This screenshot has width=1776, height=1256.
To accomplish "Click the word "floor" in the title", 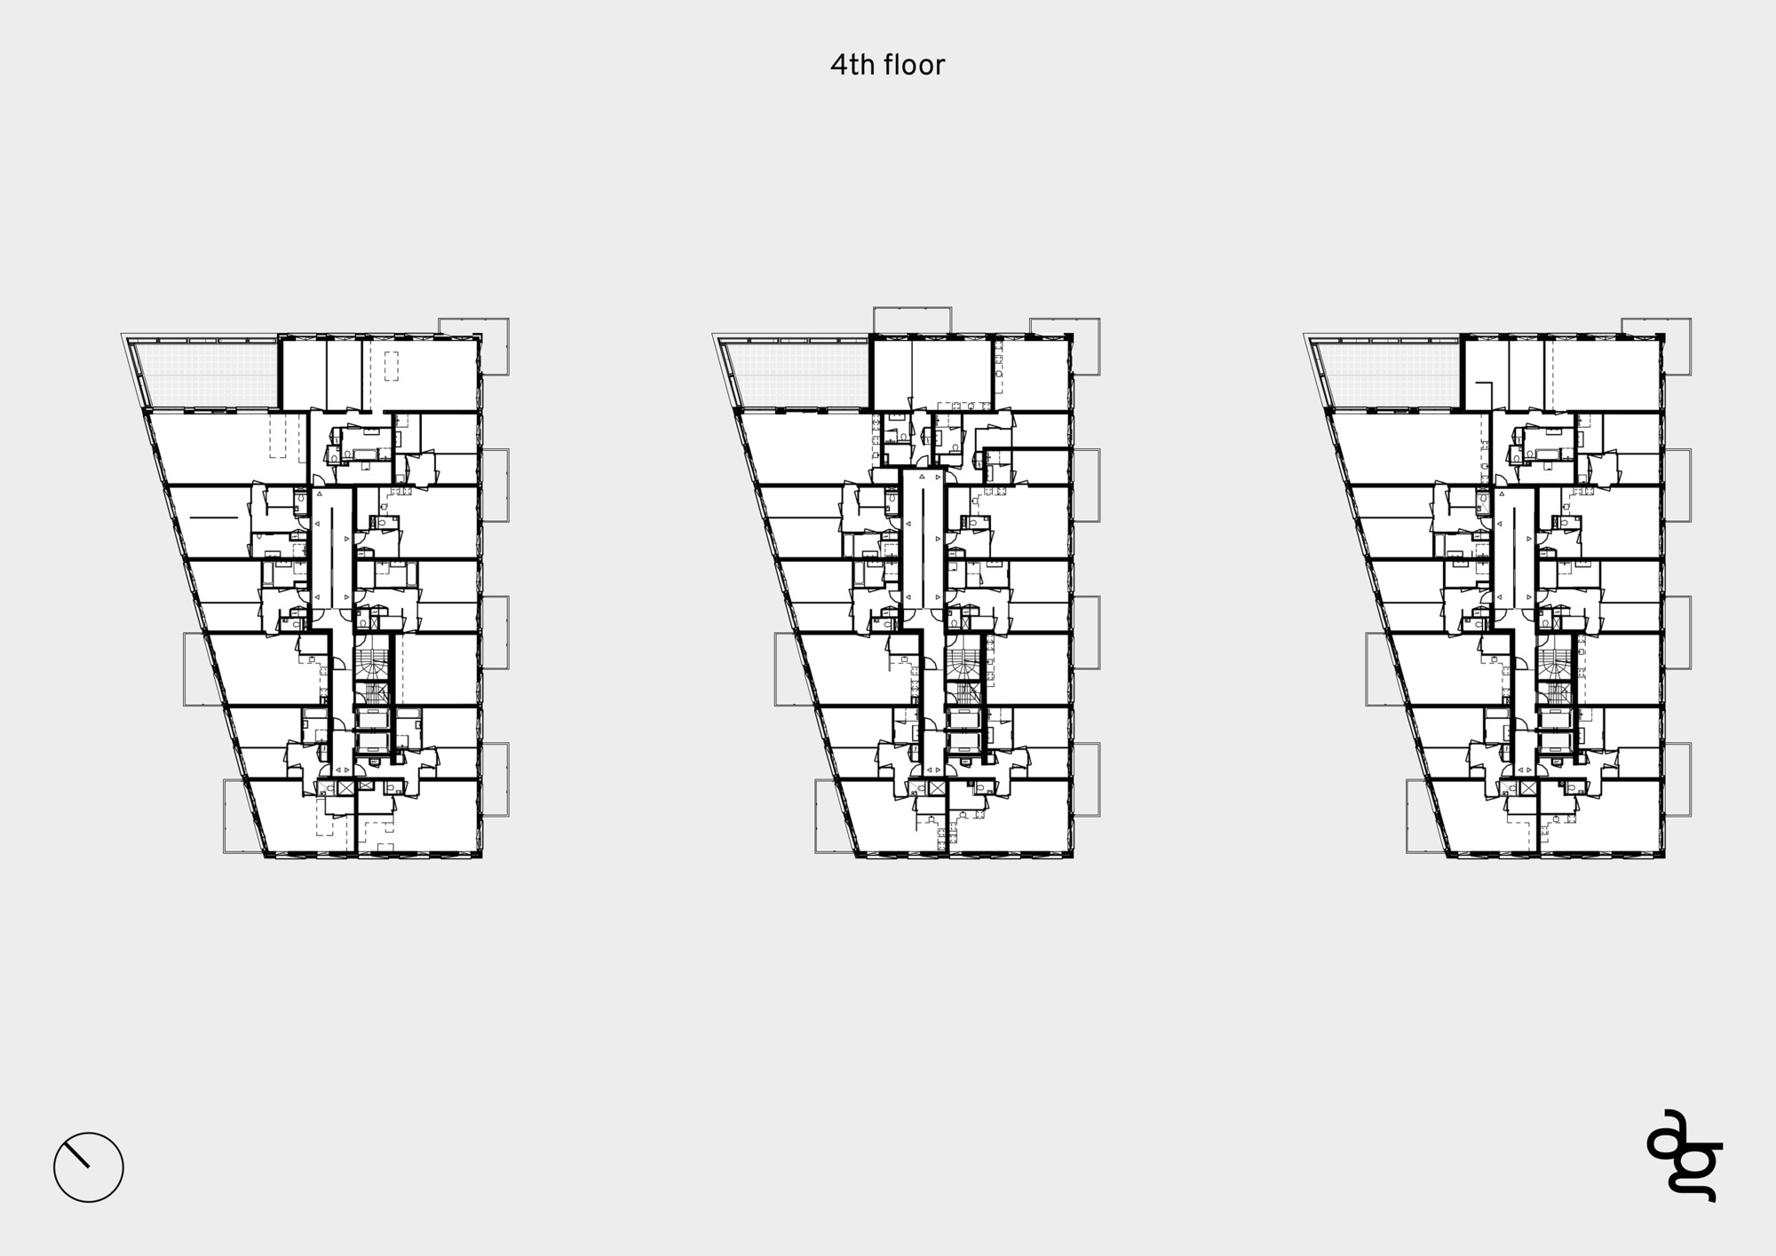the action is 914,65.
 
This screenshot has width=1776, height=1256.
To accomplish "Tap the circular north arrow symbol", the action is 89,1167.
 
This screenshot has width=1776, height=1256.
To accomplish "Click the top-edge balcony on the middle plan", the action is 912,320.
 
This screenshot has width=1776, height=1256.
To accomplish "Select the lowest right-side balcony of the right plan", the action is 1677,779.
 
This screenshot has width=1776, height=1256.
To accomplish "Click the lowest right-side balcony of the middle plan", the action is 1086,779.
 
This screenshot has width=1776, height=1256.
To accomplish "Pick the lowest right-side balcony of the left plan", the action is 495,779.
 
